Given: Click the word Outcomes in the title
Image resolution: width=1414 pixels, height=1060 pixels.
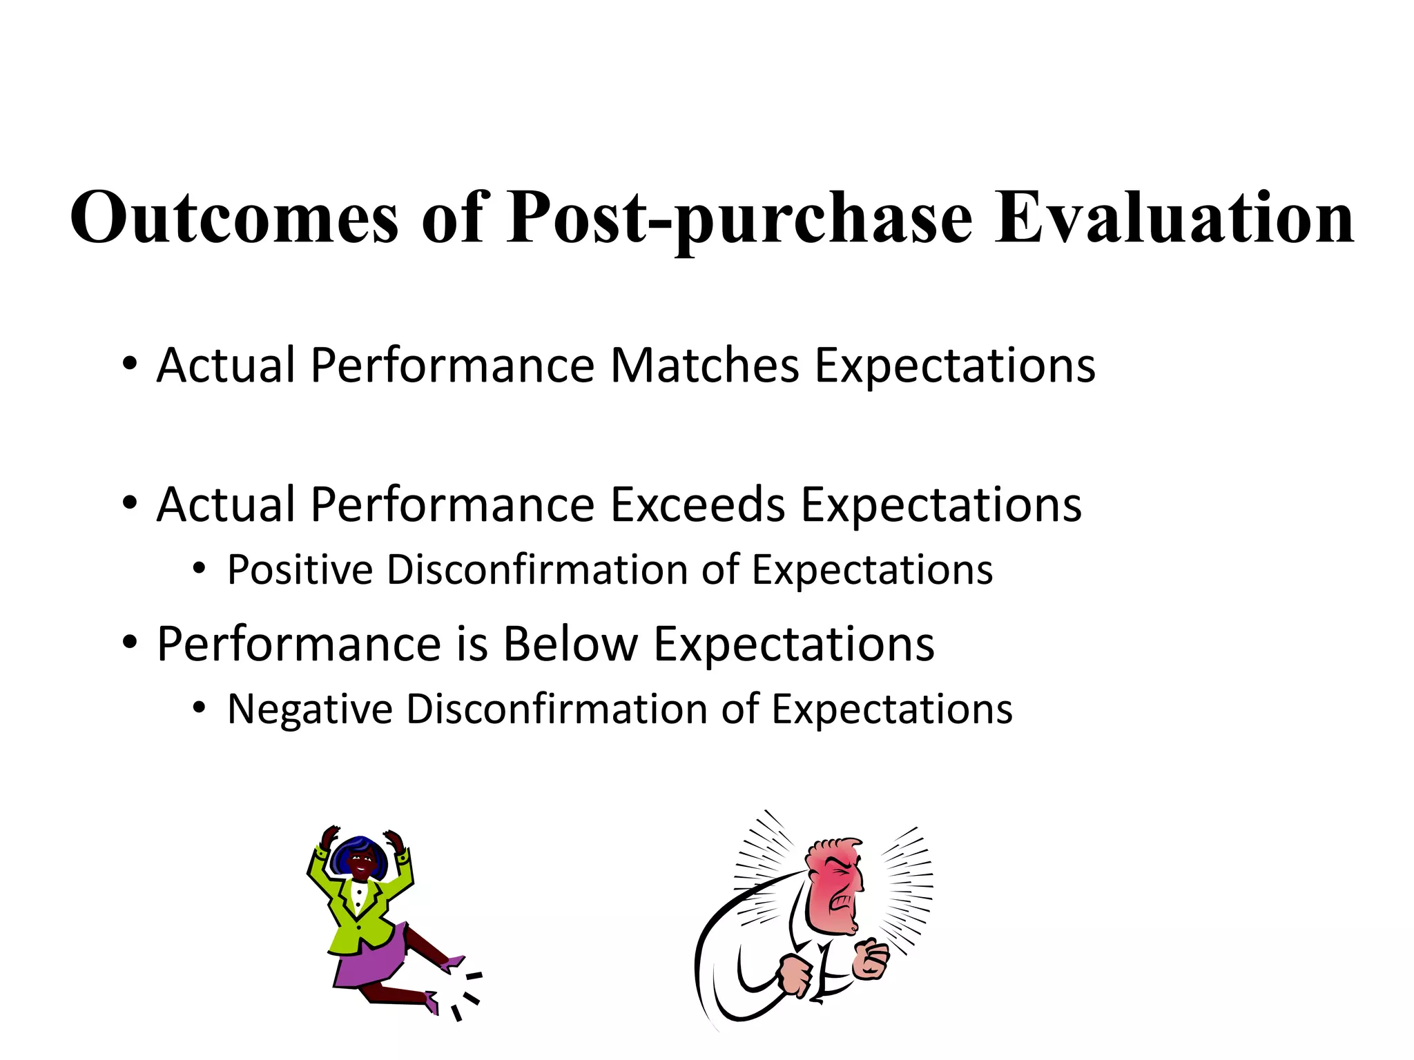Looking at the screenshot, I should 235,218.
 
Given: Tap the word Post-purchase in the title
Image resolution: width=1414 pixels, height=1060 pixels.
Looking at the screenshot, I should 739,218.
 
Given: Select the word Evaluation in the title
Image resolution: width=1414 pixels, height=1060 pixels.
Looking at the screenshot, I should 1174,218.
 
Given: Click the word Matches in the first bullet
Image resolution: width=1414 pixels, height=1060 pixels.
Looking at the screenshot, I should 704,366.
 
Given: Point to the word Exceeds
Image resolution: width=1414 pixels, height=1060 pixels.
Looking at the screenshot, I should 697,505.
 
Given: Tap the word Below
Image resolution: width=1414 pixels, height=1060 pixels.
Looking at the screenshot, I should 570,645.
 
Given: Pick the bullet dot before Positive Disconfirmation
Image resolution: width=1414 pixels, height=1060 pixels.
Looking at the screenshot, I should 200,570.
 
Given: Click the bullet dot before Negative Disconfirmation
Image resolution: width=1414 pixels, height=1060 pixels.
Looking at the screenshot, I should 200,709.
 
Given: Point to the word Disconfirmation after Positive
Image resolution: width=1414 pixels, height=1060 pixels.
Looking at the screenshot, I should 536,571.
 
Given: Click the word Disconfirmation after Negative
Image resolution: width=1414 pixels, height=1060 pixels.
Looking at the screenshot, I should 556,710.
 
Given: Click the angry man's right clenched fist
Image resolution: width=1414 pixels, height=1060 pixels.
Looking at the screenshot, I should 871,959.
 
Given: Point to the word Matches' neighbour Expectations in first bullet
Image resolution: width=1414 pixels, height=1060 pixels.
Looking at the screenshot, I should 955,366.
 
